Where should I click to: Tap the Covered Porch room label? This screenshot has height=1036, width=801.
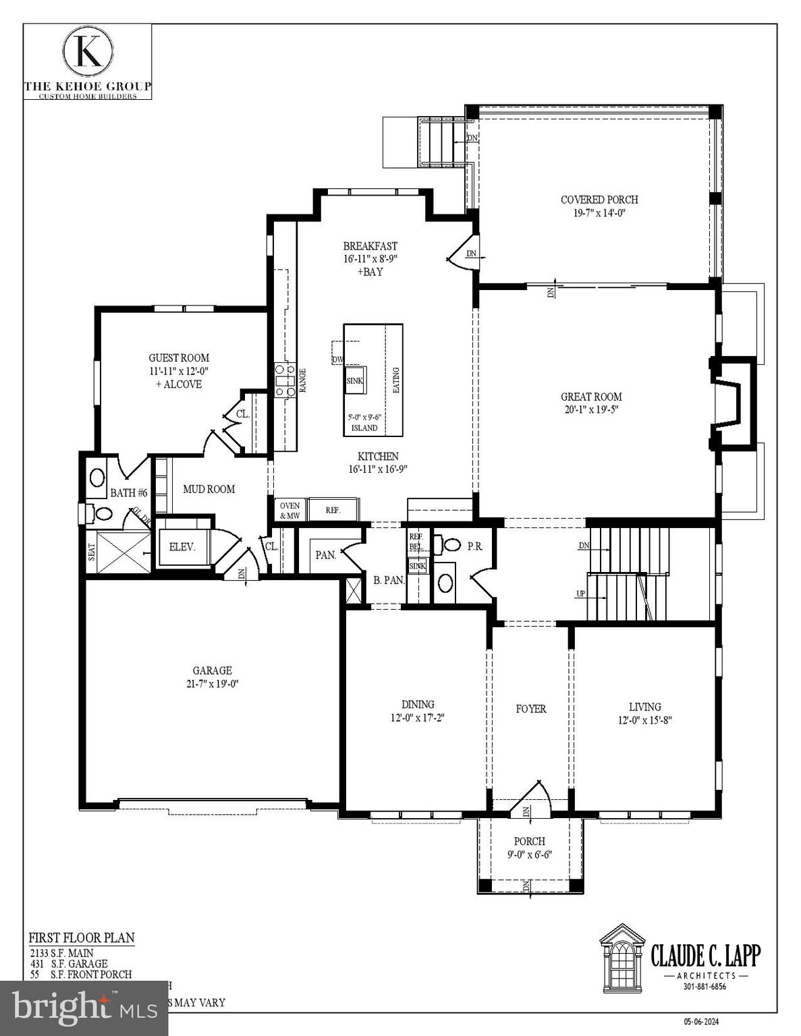tap(599, 200)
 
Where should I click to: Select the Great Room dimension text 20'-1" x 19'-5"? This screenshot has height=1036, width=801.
tap(591, 409)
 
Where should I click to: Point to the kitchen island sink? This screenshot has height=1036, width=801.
tap(355, 380)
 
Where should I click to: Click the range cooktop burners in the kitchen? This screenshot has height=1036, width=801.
tap(284, 380)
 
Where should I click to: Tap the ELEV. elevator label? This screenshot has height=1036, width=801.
tap(182, 547)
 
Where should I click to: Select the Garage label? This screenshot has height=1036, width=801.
tap(212, 670)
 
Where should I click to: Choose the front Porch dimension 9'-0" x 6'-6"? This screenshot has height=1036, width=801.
tap(530, 855)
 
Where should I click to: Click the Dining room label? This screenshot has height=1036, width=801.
tap(418, 705)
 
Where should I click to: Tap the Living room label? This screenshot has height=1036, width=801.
tap(644, 707)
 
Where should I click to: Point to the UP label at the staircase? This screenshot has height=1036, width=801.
tap(580, 594)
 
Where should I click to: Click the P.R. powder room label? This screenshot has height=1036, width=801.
tap(475, 546)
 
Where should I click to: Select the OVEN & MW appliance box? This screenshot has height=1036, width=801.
tap(289, 511)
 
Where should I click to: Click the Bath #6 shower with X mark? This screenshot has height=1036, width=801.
tap(123, 552)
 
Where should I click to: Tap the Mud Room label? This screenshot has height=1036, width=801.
tap(209, 489)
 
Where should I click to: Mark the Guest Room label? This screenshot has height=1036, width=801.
tap(179, 358)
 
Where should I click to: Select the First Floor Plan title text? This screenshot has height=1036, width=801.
tap(81, 938)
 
